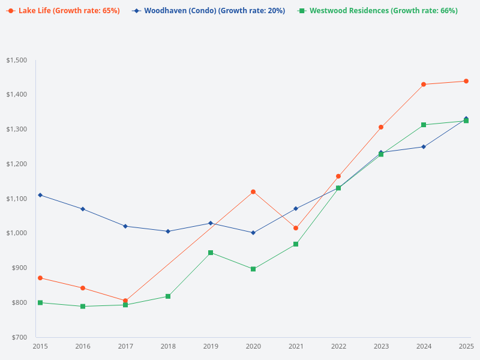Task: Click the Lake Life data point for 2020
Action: coord(253,192)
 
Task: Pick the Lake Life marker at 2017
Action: coord(125,301)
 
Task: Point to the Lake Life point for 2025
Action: coord(466,81)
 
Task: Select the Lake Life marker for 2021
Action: coord(296,228)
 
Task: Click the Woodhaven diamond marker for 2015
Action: coord(40,195)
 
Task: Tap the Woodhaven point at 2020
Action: coord(253,233)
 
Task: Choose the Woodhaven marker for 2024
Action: coord(424,146)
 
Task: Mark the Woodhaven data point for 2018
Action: coord(168,231)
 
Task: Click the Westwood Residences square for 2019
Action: coord(211,253)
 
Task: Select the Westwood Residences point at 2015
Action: coord(40,302)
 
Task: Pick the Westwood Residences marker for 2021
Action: coord(296,244)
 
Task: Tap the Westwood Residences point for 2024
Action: coord(424,125)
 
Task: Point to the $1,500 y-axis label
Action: coord(17,60)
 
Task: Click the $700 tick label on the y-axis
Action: coord(18,337)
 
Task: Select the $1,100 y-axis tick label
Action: coord(17,199)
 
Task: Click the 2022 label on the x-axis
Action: coord(338,347)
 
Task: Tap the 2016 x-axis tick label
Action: coord(83,347)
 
